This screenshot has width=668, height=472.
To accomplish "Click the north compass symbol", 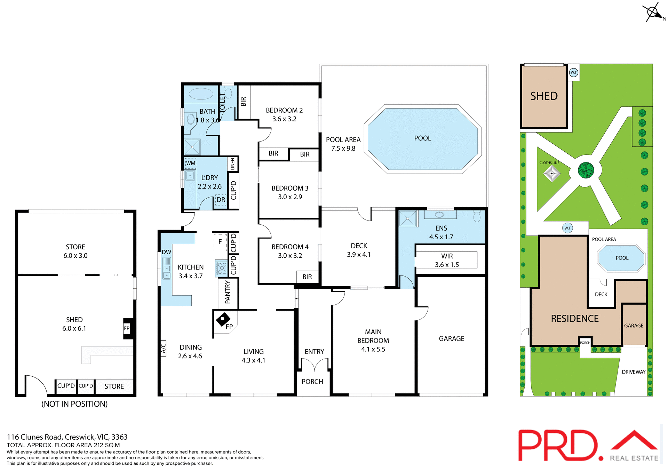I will [653, 13].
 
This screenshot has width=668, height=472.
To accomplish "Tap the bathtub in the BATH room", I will [201, 94].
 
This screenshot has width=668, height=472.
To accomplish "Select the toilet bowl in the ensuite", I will [477, 217].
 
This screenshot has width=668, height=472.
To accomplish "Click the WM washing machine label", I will [191, 163].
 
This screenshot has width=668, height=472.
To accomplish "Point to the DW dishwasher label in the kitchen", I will [166, 252].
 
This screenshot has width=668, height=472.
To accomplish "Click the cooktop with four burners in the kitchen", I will [221, 268].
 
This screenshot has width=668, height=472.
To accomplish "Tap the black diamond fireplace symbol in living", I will [223, 319].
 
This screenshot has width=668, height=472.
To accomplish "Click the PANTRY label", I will [228, 292].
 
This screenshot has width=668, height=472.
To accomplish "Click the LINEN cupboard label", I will [232, 164].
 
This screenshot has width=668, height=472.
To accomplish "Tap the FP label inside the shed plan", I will [127, 328].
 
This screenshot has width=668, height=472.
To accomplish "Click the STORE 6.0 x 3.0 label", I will [75, 251].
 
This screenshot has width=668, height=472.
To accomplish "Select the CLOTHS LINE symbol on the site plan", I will [551, 173].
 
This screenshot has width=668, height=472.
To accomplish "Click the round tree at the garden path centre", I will [586, 170].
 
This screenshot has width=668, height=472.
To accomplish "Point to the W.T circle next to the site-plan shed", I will [573, 73].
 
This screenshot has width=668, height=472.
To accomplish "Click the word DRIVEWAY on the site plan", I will [634, 372].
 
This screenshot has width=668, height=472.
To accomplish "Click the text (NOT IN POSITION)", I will [74, 404].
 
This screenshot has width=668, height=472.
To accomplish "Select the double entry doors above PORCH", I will [314, 365].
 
